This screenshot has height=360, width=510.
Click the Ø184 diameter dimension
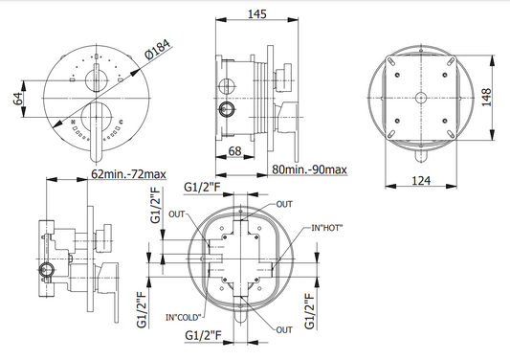click(158, 49)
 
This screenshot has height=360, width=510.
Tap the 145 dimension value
click(257, 14)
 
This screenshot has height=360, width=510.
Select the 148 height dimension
click(486, 97)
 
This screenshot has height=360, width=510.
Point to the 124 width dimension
click(421, 180)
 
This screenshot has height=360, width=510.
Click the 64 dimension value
click(18, 99)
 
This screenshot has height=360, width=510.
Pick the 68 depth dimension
click(234, 150)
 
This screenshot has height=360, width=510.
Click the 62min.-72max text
click(128, 174)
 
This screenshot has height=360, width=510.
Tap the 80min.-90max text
click(309, 169)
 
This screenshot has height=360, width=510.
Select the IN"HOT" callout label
click(327, 228)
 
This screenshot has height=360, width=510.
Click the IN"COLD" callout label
click(184, 317)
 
